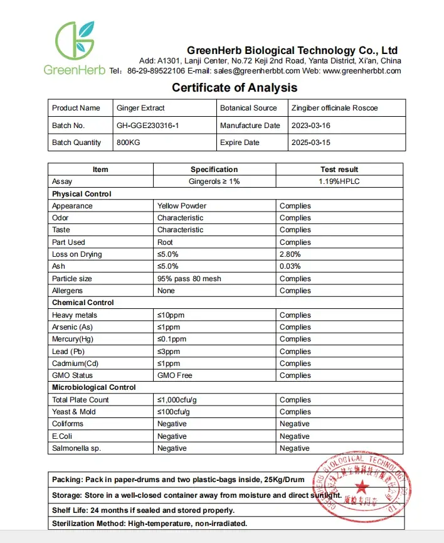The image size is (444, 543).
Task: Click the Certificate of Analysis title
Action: click(235, 88)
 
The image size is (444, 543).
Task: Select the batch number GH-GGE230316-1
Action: click(147, 126)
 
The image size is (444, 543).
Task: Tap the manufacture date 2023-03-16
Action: click(311, 126)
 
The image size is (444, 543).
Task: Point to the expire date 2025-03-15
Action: click(311, 142)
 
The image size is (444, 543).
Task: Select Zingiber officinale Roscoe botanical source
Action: click(334, 108)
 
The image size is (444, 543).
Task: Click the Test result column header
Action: click(339, 169)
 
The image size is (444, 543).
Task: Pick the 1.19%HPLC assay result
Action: click(339, 181)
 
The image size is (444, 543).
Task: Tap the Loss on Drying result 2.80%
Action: click(290, 254)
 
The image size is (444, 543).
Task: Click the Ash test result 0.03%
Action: click(290, 266)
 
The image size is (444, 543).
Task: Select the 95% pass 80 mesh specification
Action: click(189, 279)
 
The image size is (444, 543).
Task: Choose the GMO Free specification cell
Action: click(175, 375)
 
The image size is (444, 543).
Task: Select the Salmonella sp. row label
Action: click(77, 448)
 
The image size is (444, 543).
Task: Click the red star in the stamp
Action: click(362, 488)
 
